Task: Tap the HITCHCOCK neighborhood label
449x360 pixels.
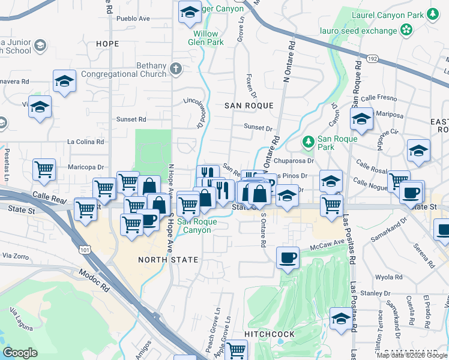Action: point(270,334)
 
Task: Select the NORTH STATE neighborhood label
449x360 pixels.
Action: point(168,260)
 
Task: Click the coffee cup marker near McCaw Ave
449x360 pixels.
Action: point(288,258)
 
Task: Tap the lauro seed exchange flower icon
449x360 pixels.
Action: point(407,29)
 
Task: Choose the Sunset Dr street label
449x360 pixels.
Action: point(258,128)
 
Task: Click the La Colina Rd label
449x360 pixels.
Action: point(86,142)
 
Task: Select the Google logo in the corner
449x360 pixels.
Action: point(20,353)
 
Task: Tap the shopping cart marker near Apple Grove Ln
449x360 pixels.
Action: point(237,350)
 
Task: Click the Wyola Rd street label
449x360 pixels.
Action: point(388,277)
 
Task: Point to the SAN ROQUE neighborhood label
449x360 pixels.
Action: point(249,106)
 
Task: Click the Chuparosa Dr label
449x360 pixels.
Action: point(294,161)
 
